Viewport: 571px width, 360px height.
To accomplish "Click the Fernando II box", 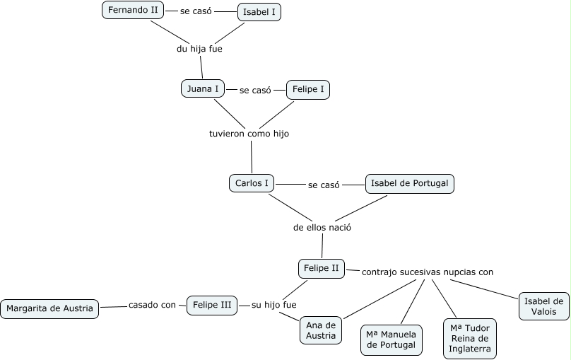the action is [x=133, y=10].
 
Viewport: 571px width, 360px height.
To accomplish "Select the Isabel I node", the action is [x=259, y=12].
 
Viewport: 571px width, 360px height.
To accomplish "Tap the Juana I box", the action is [x=203, y=88].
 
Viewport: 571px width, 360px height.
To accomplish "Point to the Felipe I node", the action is [x=308, y=90].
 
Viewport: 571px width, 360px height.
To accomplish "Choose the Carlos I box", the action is [x=252, y=183].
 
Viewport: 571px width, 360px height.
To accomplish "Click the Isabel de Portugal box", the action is [x=410, y=184].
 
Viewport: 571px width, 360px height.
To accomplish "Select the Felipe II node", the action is [x=321, y=269].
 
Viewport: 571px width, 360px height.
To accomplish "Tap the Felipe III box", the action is [x=212, y=306].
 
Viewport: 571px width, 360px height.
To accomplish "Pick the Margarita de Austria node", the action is [x=49, y=309].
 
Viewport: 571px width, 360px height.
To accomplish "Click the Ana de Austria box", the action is [x=321, y=330].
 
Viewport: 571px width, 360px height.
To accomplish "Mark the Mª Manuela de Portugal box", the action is [x=392, y=340].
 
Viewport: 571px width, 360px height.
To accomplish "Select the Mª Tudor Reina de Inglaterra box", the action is [x=470, y=339].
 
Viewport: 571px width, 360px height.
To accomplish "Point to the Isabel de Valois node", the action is [x=544, y=306].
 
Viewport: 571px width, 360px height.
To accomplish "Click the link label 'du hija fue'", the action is [x=199, y=49].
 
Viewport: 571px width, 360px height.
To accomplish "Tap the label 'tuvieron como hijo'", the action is [x=249, y=134].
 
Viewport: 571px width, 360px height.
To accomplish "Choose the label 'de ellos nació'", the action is [x=322, y=228].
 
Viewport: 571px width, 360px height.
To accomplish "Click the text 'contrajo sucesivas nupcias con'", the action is [x=428, y=272].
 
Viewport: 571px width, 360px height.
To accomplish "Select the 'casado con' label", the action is [x=152, y=305].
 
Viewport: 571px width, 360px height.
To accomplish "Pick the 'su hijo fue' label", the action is [x=274, y=305].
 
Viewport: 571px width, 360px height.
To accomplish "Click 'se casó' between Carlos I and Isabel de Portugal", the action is [x=324, y=185].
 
